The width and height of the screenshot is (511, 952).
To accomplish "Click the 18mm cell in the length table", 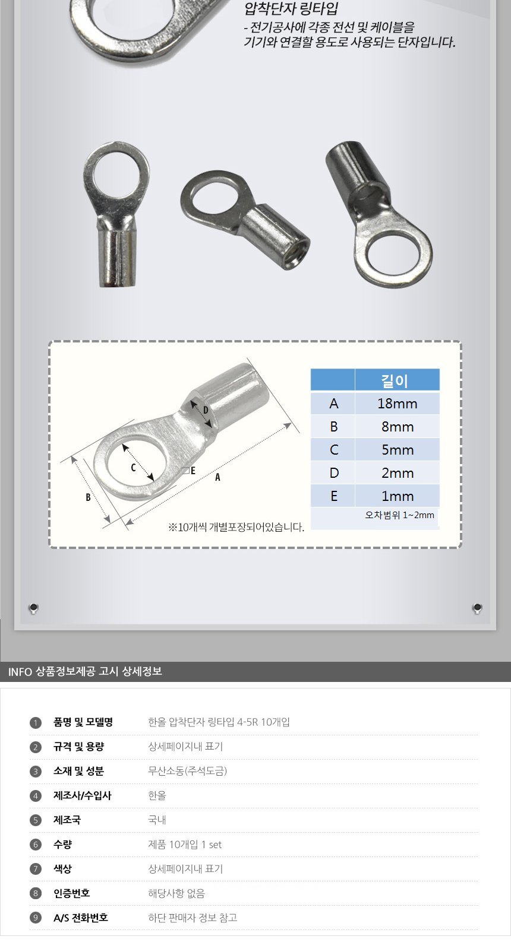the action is tap(397, 404).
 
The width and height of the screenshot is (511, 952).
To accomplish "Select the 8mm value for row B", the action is tap(397, 427).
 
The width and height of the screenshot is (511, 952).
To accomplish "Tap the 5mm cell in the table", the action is tap(397, 450).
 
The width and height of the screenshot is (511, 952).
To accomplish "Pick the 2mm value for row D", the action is tap(397, 473).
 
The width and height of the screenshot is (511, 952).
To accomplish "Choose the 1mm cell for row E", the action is tap(397, 496).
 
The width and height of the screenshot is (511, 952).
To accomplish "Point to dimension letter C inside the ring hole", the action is tap(133, 468).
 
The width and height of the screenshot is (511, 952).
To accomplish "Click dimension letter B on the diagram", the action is tap(88, 497).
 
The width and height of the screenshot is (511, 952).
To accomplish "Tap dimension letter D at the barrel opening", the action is tap(206, 411).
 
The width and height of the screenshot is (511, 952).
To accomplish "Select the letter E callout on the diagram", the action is tap(193, 471).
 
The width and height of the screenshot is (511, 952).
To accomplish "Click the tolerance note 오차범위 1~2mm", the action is tap(399, 515).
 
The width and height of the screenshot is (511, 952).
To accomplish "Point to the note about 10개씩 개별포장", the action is tap(236, 528).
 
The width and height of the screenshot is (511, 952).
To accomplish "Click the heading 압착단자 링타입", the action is tap(291, 8).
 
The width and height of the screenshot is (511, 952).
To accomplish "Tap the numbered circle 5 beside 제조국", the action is tap(35, 820).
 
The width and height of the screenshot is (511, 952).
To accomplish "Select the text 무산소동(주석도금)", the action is tap(187, 771).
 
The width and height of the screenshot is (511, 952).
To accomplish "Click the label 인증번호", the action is tap(71, 893).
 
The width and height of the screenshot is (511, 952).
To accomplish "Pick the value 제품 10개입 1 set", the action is tap(185, 845).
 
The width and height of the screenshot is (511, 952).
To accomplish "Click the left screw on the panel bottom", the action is tap(33, 608).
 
